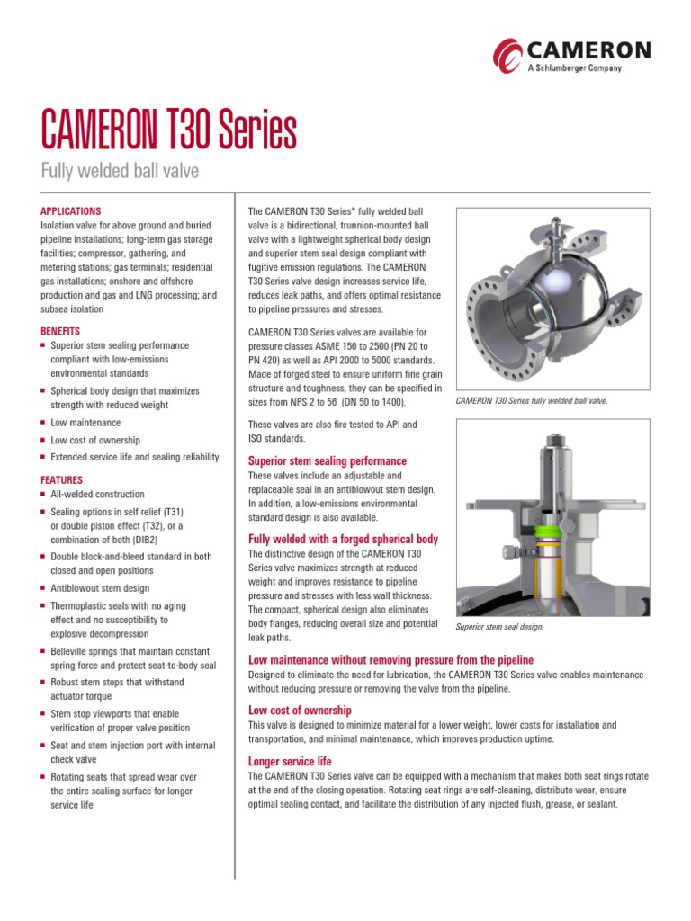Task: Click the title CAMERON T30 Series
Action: click(169, 131)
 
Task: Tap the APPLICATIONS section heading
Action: click(71, 210)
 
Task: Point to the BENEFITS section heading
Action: click(60, 331)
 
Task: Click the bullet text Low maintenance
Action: click(85, 423)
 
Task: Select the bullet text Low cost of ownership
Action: click(95, 441)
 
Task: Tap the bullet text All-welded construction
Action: click(97, 495)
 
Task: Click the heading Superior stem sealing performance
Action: click(327, 460)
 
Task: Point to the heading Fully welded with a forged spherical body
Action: click(343, 540)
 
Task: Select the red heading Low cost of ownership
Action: click(300, 711)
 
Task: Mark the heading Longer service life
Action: click(290, 762)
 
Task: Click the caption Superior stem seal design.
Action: click(500, 627)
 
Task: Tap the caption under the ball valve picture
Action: click(532, 400)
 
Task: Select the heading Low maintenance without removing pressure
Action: click(390, 660)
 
